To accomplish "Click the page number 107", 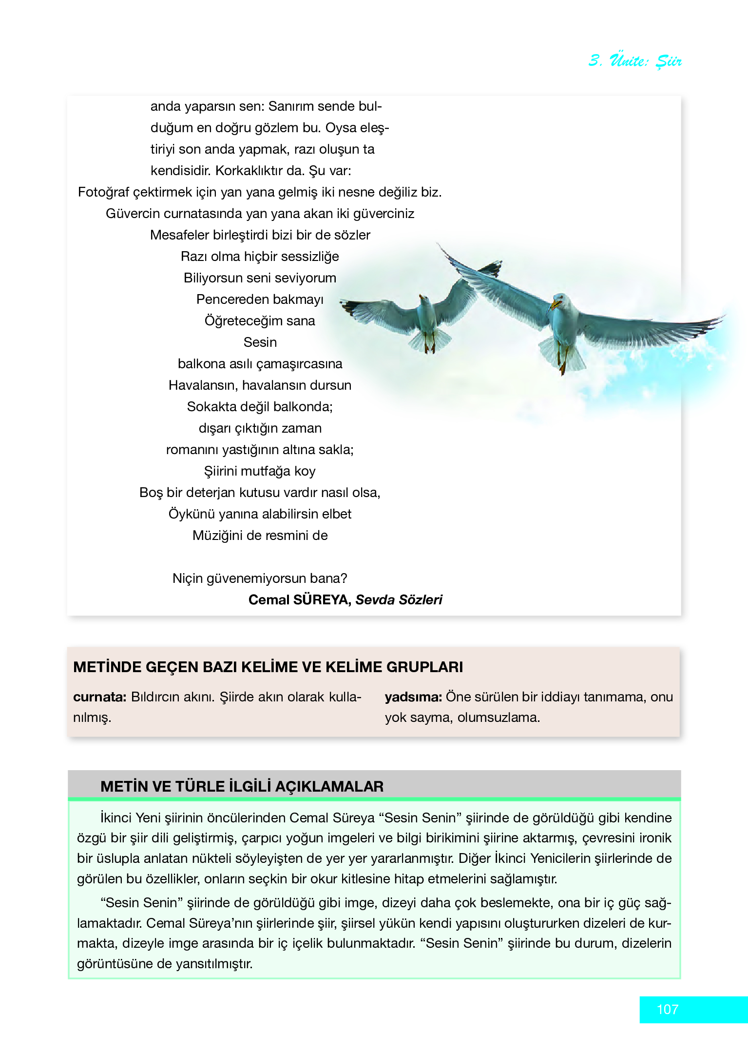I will [x=667, y=1009].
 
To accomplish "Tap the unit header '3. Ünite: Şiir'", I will [x=634, y=61].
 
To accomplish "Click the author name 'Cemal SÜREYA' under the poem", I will [x=299, y=599].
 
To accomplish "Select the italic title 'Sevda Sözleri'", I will [x=399, y=599].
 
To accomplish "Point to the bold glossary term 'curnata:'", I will [x=100, y=697].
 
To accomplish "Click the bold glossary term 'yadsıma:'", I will [x=413, y=697].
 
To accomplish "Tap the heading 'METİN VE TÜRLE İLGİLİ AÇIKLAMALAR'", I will [x=242, y=786].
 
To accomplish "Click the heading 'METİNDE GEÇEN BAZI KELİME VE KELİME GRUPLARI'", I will [x=268, y=667].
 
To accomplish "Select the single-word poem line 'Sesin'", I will [x=260, y=342].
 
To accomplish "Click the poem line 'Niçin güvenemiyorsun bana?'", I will [x=260, y=578].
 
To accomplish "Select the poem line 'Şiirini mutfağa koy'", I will [x=260, y=471].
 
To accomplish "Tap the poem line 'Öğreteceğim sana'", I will [x=260, y=320].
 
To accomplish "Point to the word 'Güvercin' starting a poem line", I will [x=133, y=213].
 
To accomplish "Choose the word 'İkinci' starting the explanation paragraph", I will [x=116, y=817].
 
